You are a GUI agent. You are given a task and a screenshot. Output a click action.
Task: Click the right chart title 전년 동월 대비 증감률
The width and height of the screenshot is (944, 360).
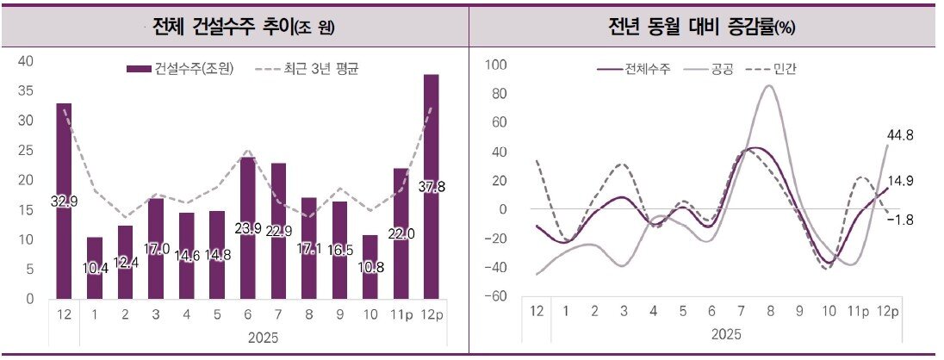701,26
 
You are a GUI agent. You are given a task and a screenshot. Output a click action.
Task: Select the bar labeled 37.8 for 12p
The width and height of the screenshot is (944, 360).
432,186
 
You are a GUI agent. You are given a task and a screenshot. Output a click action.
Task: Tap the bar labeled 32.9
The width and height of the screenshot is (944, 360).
64,201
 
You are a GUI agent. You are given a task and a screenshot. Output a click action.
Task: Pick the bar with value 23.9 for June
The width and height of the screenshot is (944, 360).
247,228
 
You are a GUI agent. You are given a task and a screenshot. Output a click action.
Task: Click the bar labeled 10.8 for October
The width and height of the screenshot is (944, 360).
370,266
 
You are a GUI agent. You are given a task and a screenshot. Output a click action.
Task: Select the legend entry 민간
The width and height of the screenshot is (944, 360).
773,68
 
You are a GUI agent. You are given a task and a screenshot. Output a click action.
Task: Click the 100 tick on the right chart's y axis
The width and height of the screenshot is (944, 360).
497,65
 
